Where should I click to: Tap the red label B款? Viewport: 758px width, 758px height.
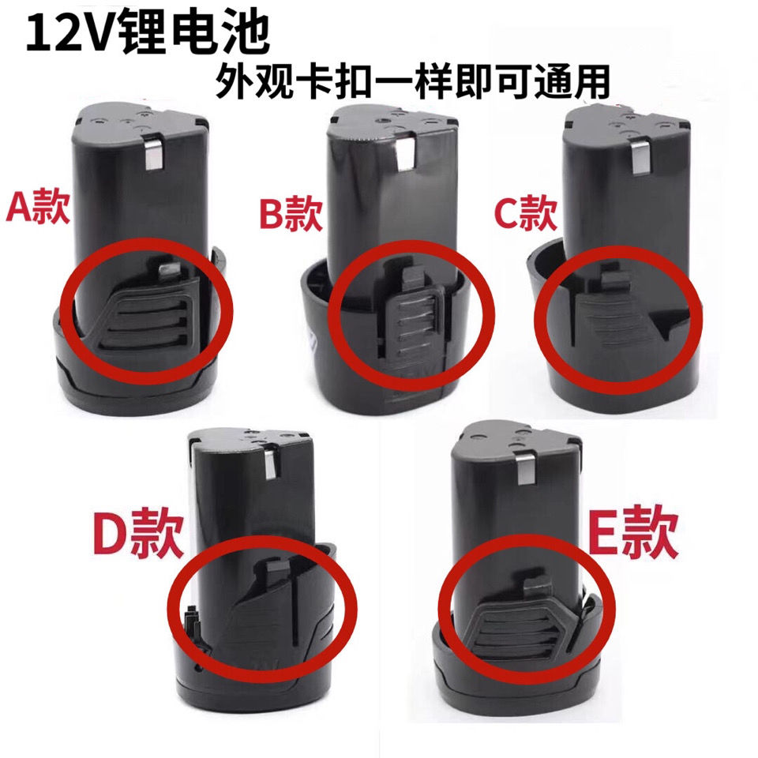291,215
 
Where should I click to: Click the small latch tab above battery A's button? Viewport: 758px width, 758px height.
168,268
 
